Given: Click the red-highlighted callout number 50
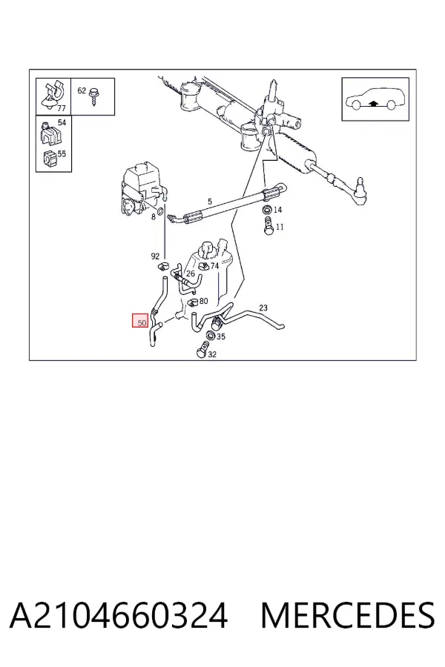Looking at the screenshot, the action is [142, 322].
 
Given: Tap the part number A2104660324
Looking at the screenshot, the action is [119, 615].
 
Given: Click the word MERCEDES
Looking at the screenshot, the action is [348, 615].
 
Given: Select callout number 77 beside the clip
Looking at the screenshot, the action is [62, 108].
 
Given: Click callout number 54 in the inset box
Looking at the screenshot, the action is [62, 122].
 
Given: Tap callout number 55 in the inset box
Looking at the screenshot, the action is [62, 153].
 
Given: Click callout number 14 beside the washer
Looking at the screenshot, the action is [277, 210].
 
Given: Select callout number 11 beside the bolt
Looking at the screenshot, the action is [280, 228].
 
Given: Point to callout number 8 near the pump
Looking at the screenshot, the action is [154, 217].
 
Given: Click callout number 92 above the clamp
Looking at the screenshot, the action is [155, 256].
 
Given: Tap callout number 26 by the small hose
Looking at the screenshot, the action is [191, 273].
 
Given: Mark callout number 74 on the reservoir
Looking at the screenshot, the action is [214, 266].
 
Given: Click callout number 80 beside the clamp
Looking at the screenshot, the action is [203, 301].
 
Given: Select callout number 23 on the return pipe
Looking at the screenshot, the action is [263, 308].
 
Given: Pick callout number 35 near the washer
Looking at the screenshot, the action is [220, 337].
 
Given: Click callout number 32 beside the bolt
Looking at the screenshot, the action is [212, 354].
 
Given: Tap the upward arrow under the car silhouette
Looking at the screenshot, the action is [374, 102].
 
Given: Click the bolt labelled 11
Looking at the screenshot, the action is [268, 226].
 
